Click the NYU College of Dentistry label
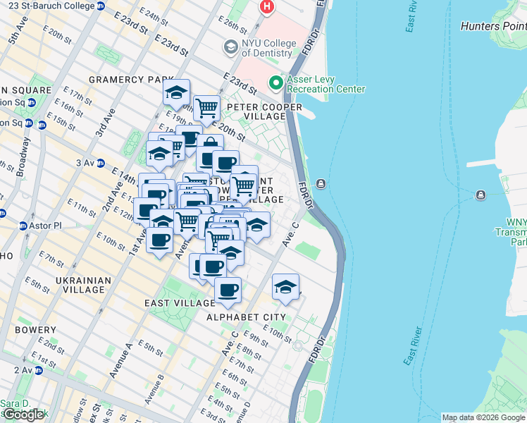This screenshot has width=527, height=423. click(266, 48)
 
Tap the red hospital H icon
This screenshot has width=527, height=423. click(267, 7)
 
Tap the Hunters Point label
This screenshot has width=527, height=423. click(492, 26)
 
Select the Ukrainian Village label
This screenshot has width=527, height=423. click(82, 285)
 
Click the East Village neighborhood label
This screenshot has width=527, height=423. click(179, 303)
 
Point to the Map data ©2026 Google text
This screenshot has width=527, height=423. click(483, 417)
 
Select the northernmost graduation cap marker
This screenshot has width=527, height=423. click(176, 92)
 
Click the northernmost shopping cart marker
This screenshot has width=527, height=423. click(206, 109)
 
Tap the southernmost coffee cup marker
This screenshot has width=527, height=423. click(227, 290)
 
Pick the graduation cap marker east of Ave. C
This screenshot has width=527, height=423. click(285, 286)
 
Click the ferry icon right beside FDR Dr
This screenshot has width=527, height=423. click(321, 184)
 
